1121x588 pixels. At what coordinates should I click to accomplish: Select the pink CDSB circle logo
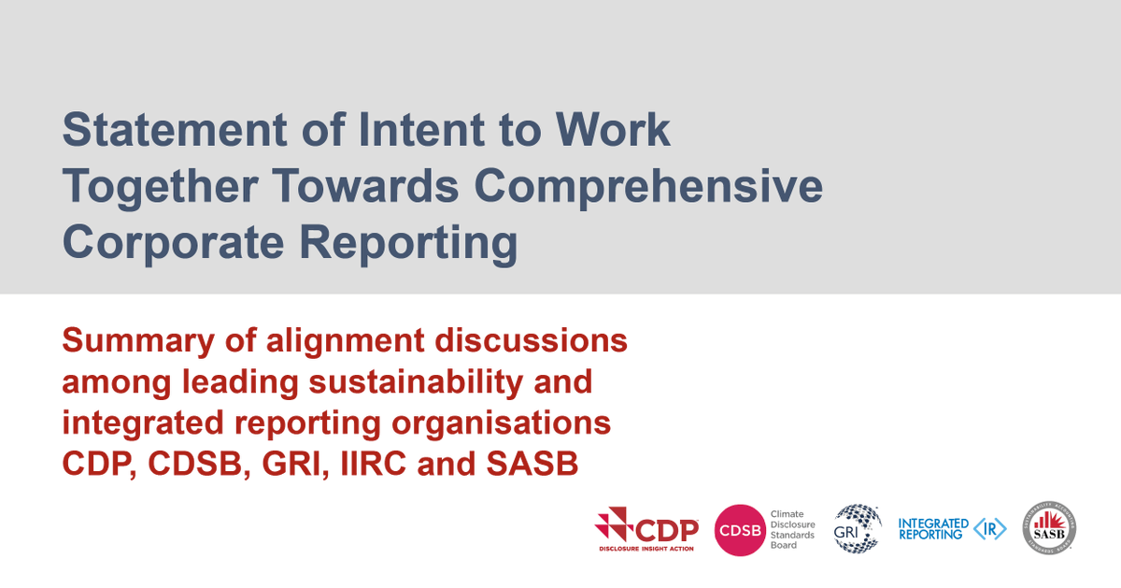click(x=740, y=530)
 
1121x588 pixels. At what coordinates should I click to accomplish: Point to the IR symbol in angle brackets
click(x=989, y=529)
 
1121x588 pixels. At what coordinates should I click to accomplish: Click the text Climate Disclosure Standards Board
click(x=792, y=529)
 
